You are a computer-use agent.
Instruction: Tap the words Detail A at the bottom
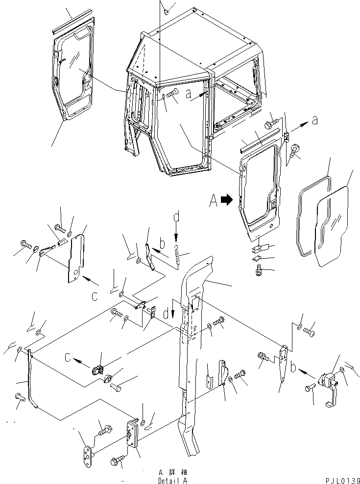171,481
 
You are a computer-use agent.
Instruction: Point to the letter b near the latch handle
292,367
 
